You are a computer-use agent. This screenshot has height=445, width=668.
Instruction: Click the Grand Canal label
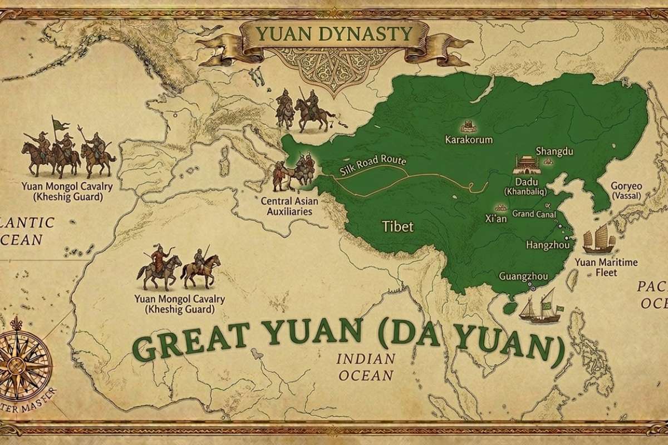(532, 213)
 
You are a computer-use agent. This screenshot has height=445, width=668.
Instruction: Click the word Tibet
(397, 225)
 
